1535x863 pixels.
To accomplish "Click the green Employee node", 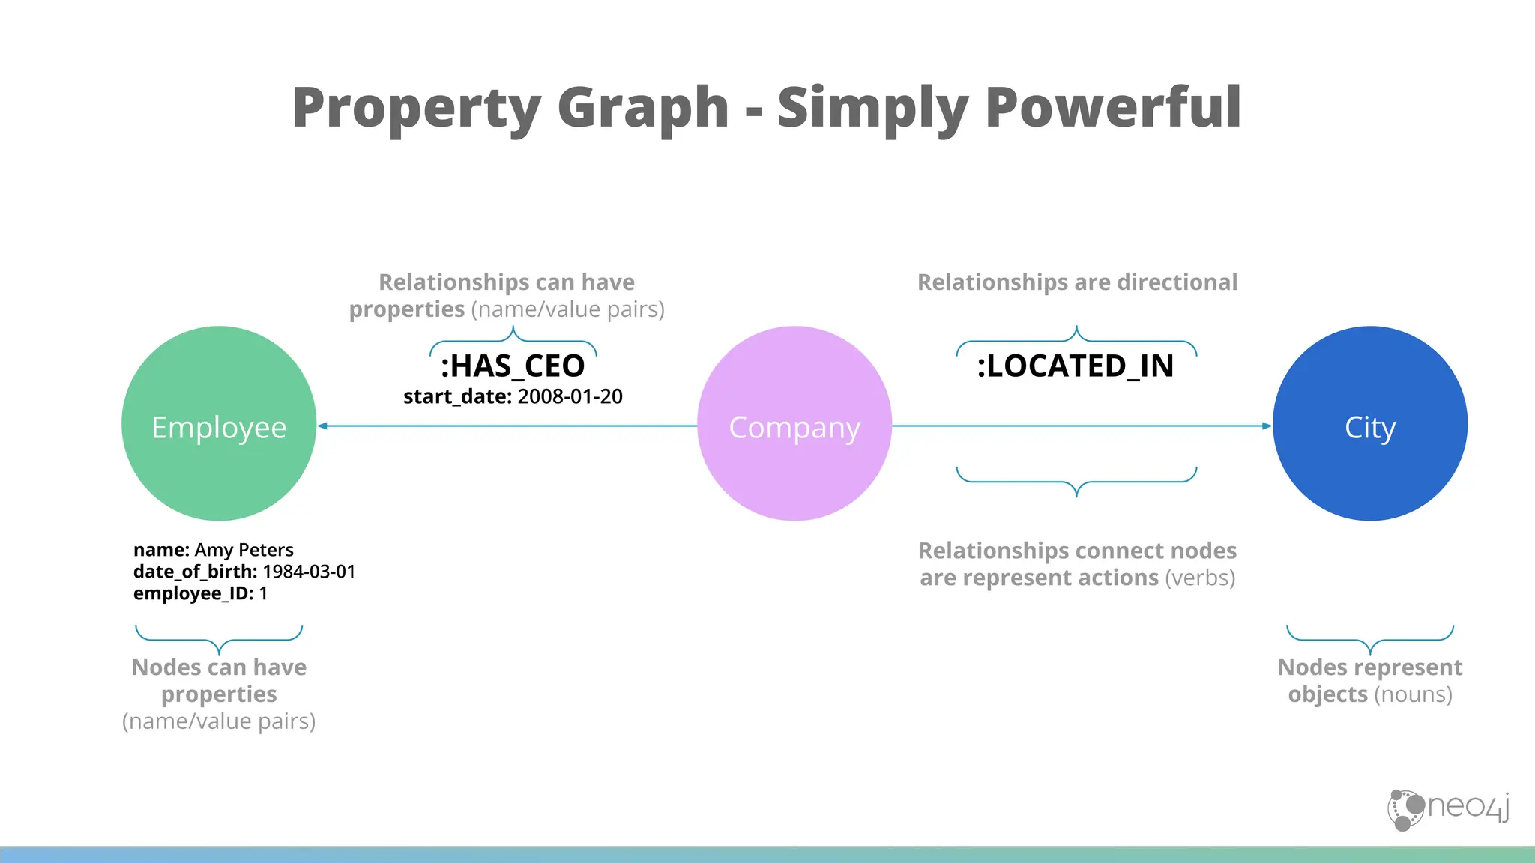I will [219, 423].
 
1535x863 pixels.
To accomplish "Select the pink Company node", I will [794, 423].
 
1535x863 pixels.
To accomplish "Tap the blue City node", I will [1370, 423].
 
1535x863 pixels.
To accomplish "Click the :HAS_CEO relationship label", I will [513, 366].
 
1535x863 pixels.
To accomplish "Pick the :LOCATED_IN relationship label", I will [1076, 366].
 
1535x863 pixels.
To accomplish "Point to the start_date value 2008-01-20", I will [570, 396].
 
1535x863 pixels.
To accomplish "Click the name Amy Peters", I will [244, 550].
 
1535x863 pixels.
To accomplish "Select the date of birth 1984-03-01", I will [309, 572].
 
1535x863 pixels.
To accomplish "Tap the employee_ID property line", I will [200, 593].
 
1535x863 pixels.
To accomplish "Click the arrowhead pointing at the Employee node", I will [322, 426].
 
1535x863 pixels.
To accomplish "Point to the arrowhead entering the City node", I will [1267, 426].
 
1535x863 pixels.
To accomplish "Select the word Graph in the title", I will [643, 107].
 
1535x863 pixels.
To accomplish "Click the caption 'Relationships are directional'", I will [1077, 282].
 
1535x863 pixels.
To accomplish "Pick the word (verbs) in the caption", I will [1200, 578].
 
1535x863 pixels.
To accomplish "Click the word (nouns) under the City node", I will [1413, 694].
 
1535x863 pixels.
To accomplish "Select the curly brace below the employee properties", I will [219, 639].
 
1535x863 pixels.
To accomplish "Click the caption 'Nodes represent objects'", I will [1370, 680].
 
